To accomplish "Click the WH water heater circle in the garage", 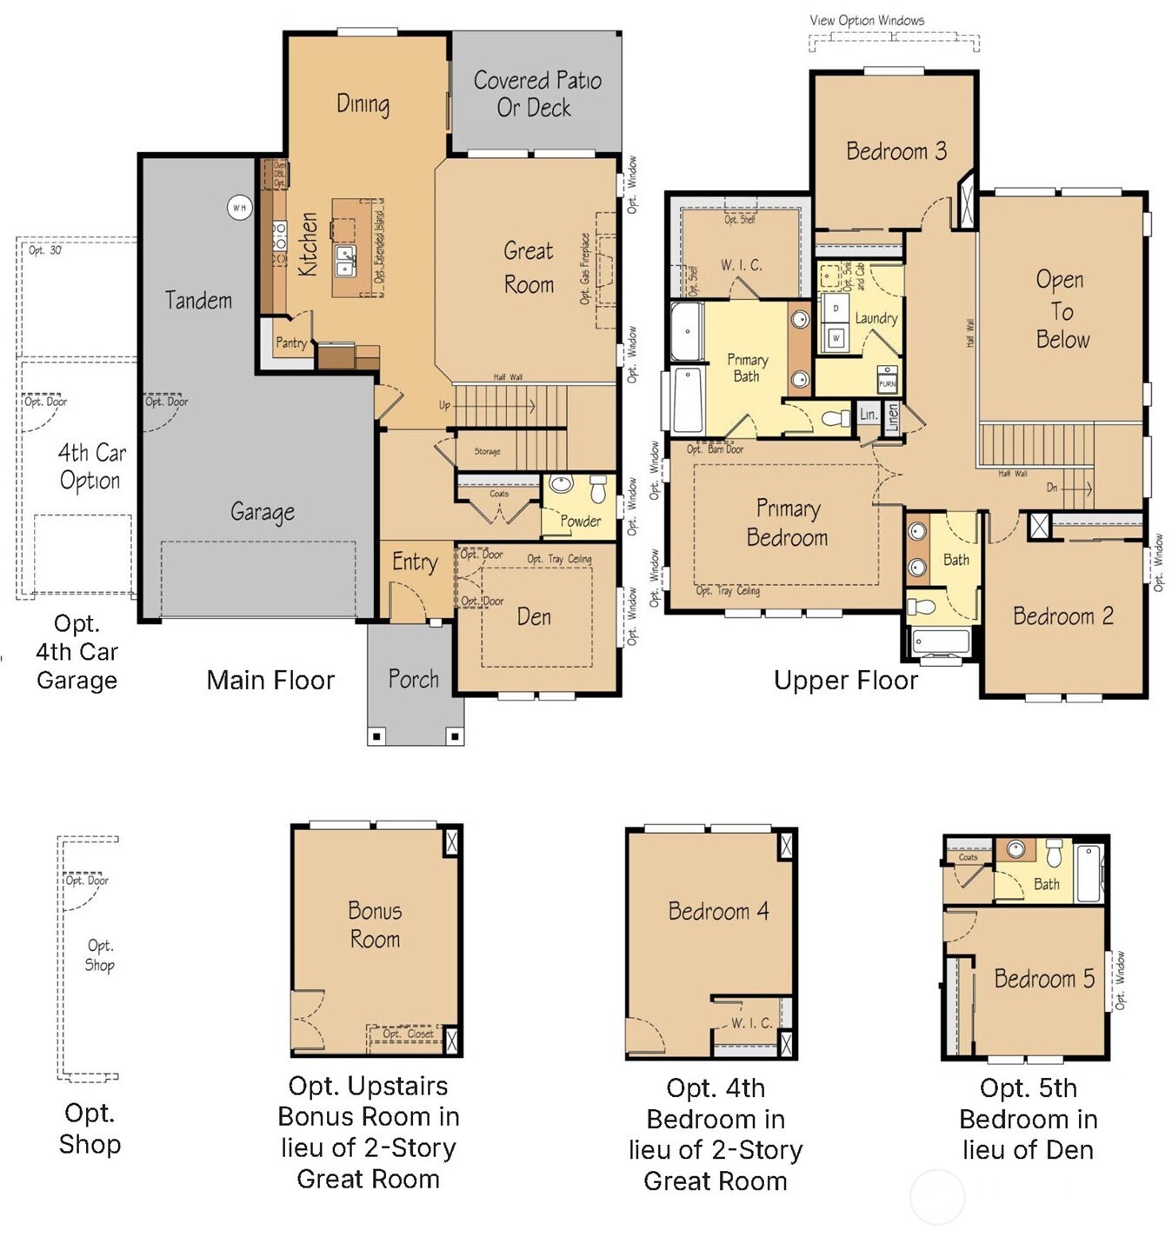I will pos(239,208).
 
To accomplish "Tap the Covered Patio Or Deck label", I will pos(536,94).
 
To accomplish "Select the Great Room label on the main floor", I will pos(529,267).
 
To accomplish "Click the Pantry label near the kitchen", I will pos(290,343).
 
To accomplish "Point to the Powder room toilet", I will pos(598,489).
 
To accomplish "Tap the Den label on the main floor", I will pos(534,616).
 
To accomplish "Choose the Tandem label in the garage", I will pos(199,301).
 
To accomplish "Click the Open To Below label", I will pos(1061,309).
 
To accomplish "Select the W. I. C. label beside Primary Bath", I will pos(741,265).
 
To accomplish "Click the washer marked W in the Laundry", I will pos(836,337).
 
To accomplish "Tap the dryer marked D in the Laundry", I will pos(836,309).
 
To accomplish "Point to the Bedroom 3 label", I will pos(896,151).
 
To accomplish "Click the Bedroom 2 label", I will pos(1062,616).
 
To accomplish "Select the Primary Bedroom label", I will pos(787,522).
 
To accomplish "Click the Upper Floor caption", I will pos(845,681).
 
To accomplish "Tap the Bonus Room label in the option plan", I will pos(375,925).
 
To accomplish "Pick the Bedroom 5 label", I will pos(1044,979).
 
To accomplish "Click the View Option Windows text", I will pos(867,20).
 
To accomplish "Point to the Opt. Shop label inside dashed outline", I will pos(99,955).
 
